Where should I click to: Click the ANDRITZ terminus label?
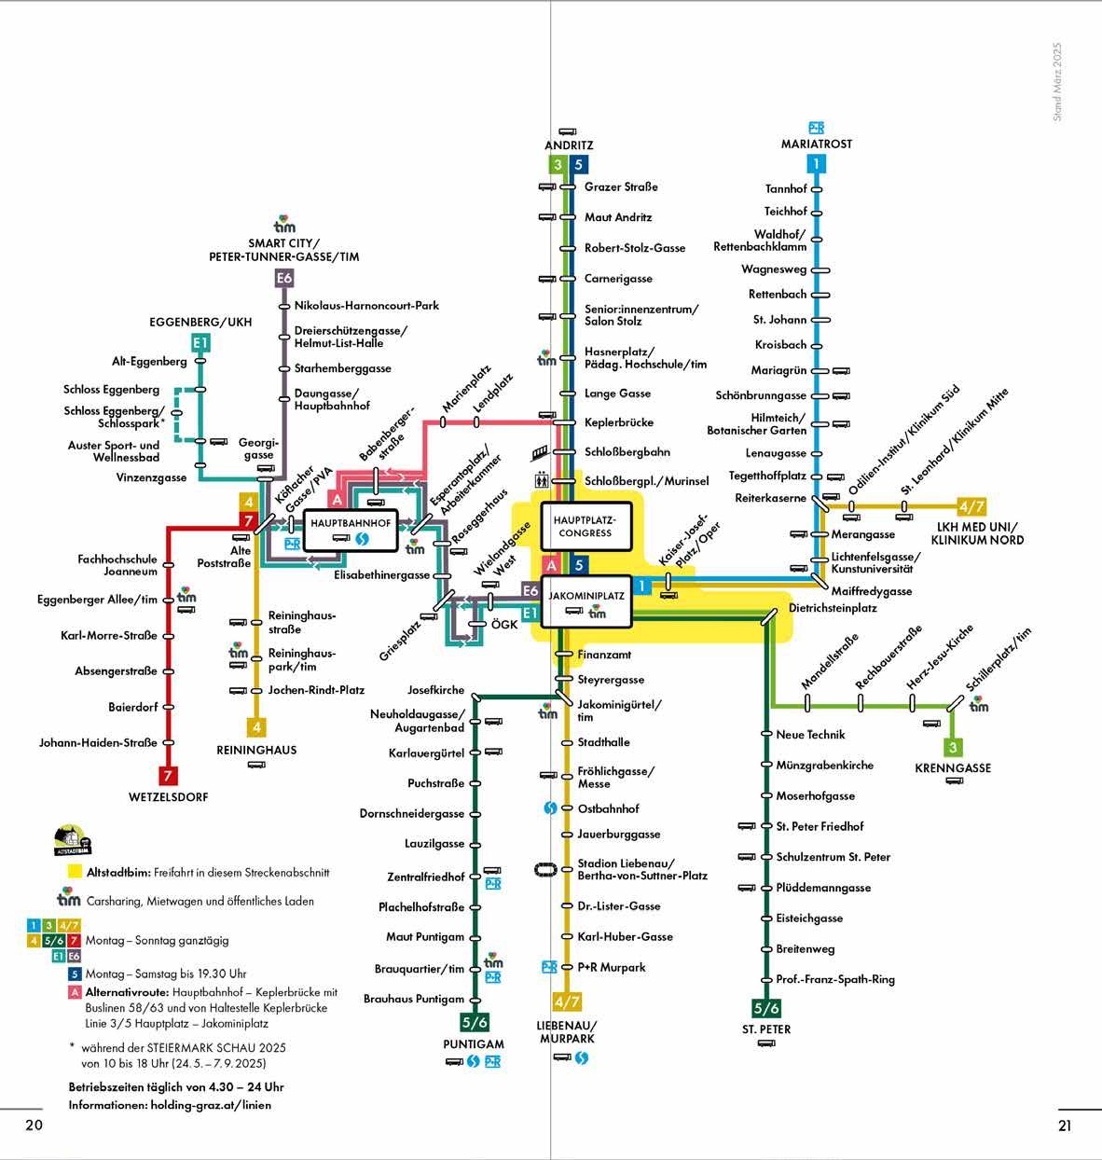point(569,145)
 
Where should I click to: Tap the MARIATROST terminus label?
point(817,144)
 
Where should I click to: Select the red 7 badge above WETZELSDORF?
point(168,775)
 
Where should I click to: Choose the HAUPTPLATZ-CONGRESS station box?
point(585,526)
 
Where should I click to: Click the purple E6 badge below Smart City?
point(284,277)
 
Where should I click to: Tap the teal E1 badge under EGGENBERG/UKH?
point(200,343)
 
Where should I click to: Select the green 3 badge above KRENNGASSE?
point(952,747)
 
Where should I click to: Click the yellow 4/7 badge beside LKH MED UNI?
point(971,507)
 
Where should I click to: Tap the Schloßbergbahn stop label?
point(627,452)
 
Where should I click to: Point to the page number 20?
point(34,1125)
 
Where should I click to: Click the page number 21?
point(1065,1125)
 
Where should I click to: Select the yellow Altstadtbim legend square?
point(75,873)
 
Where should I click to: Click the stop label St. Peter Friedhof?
point(820,826)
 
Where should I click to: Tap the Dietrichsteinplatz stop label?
point(833,608)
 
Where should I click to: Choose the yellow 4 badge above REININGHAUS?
point(256,726)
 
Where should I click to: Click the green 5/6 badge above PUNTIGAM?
point(475,997)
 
